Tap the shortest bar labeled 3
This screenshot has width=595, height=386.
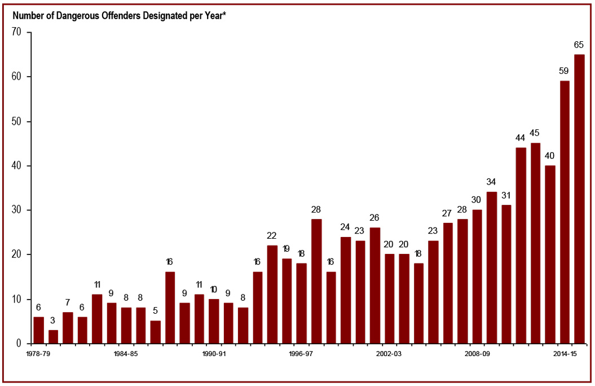click(x=53, y=337)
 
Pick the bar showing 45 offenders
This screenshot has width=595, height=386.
click(x=535, y=243)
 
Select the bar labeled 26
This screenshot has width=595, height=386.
click(x=374, y=286)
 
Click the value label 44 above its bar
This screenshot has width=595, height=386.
click(x=521, y=137)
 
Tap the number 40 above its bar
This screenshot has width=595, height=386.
click(x=550, y=155)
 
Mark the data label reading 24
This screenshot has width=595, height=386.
click(x=345, y=226)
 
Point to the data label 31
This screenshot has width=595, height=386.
click(x=506, y=195)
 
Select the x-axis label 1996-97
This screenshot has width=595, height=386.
click(x=301, y=354)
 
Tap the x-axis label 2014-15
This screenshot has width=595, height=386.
click(x=565, y=354)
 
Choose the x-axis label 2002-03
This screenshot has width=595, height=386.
click(x=389, y=354)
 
